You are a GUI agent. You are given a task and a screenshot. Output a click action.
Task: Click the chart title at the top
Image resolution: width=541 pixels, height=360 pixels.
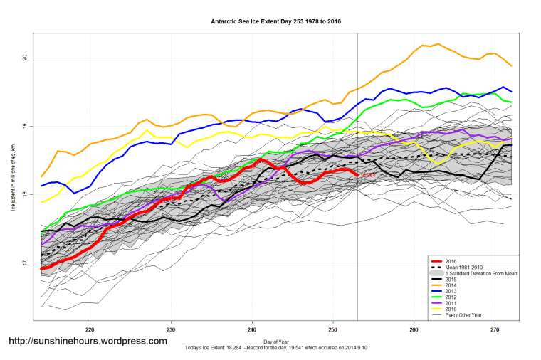tap(275, 22)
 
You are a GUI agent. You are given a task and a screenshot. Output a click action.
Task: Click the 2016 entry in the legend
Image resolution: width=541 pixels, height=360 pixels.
tap(452, 260)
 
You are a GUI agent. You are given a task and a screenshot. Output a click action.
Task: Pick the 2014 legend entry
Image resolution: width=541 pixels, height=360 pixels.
tap(452, 286)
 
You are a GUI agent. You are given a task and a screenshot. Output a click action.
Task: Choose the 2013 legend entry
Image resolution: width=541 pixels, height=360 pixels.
tap(452, 292)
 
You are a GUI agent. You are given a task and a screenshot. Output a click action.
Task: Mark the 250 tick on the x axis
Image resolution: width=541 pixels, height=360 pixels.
tap(333, 330)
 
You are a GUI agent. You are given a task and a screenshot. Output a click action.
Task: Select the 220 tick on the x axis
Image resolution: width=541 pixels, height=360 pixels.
tap(90, 330)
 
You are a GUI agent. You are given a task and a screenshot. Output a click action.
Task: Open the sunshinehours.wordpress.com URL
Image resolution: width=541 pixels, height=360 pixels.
tap(88, 342)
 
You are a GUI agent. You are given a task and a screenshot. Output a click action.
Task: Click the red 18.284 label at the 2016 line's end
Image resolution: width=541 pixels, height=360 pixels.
tap(368, 175)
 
